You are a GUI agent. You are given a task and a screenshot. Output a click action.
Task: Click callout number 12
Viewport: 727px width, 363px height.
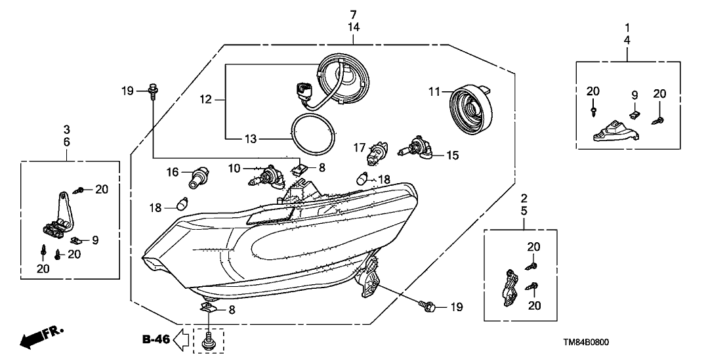pos(207,100)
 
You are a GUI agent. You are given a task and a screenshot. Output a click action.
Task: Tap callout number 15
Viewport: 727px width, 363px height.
pos(452,156)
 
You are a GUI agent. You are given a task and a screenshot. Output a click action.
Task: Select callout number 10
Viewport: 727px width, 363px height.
pos(234,169)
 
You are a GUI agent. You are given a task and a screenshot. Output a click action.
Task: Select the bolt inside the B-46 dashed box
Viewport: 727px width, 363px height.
pos(209,339)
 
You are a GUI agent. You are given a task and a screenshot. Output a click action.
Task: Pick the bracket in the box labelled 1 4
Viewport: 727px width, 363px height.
pos(615,132)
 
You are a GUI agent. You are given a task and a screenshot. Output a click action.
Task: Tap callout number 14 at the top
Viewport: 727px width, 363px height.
pos(354,28)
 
